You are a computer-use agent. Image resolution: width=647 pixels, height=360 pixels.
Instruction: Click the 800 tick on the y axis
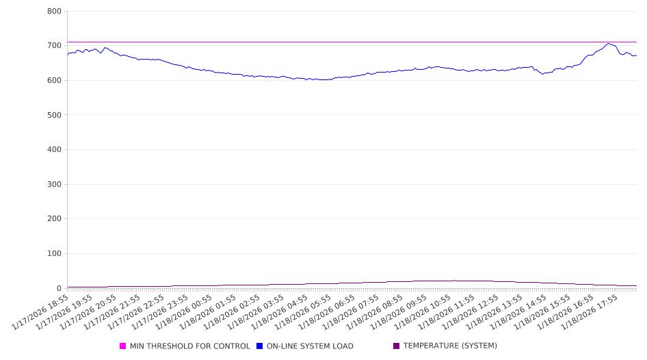tap(55, 12)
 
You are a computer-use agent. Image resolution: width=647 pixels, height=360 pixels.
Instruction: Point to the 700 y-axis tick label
tap(55, 46)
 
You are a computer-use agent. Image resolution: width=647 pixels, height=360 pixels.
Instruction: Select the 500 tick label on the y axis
tap(55, 115)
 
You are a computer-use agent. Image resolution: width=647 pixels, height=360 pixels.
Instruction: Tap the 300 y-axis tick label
tap(55, 185)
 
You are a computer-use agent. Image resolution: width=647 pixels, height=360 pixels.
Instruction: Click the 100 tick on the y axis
tap(55, 254)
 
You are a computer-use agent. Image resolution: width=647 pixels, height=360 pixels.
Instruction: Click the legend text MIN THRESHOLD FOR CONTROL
tap(189, 346)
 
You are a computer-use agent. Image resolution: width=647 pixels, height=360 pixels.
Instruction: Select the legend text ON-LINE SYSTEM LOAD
tap(310, 346)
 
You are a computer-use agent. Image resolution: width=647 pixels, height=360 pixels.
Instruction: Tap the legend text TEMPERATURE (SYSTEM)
tap(450, 346)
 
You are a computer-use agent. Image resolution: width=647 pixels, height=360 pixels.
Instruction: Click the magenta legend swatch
tap(123, 346)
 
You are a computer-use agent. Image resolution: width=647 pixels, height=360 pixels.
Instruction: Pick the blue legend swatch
tap(260, 346)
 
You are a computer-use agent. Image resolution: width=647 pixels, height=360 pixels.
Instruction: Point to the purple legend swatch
tap(397, 346)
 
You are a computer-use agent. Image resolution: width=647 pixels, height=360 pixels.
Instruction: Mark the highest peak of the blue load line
tap(608, 44)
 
